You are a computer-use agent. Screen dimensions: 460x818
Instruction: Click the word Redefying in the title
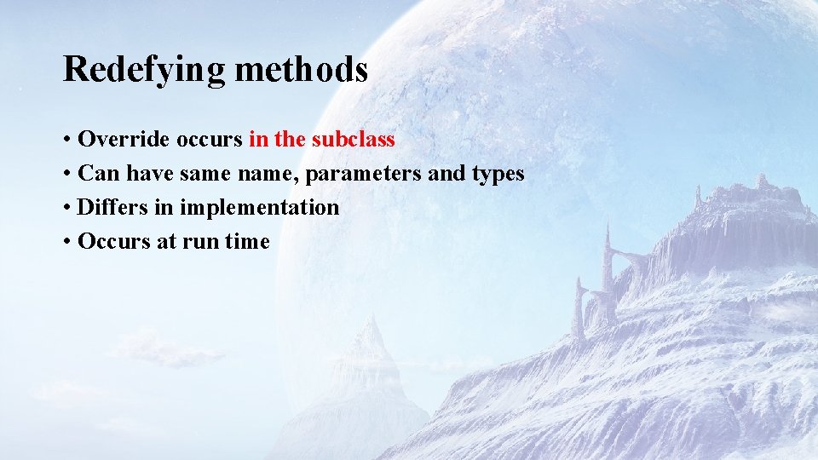pyautogui.click(x=144, y=70)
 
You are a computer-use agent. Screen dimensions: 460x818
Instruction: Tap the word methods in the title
pyautogui.click(x=301, y=69)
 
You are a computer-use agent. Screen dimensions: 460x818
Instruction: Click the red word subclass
pyautogui.click(x=354, y=139)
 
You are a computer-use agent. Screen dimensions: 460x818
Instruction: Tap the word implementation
pyautogui.click(x=259, y=208)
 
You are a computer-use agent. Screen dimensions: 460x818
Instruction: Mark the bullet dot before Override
pyautogui.click(x=66, y=140)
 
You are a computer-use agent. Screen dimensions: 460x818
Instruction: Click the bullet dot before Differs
pyautogui.click(x=66, y=208)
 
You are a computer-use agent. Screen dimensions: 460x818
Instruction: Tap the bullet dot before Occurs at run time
pyautogui.click(x=66, y=242)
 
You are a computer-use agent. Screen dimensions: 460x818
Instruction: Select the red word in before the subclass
pyautogui.click(x=258, y=139)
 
